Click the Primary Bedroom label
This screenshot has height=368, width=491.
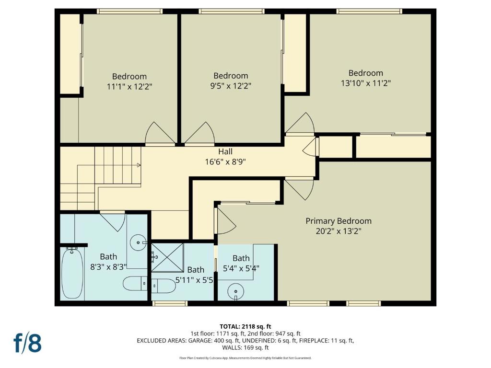[x=339, y=221]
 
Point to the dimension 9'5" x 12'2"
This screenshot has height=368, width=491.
[x=231, y=86]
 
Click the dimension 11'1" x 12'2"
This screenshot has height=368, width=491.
[x=129, y=86]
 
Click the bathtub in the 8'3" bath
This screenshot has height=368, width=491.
[x=72, y=273]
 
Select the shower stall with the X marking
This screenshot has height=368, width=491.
[x=167, y=257]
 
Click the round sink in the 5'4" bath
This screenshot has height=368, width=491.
[x=235, y=290]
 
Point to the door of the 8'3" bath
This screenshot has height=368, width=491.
[x=113, y=221]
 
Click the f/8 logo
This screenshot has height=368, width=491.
[x=27, y=343]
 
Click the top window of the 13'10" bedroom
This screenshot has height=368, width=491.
[x=368, y=11]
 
